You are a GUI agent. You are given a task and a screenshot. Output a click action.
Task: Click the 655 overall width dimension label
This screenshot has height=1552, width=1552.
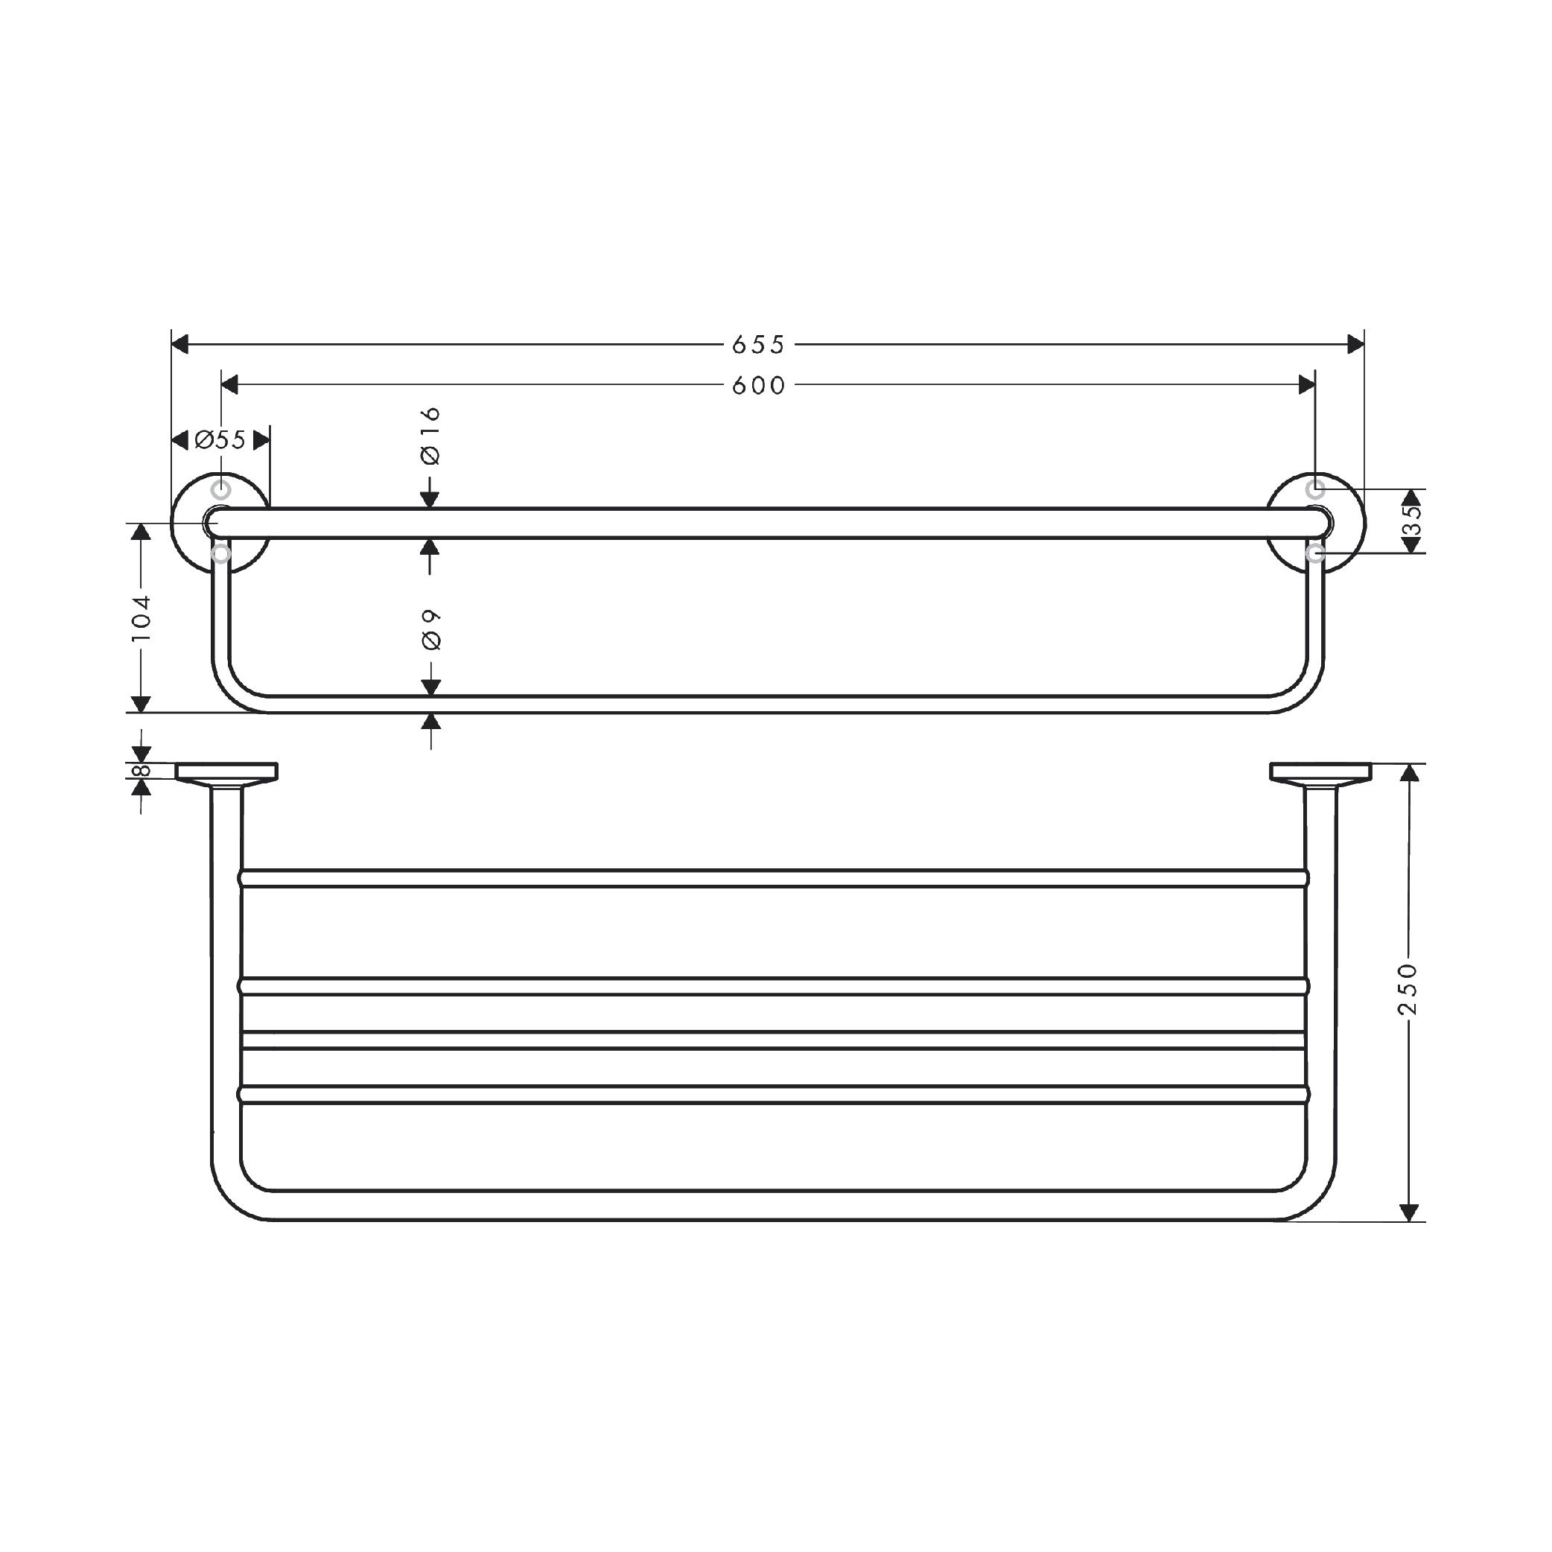(x=757, y=345)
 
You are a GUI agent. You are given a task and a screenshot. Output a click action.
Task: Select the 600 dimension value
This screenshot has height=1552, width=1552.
(x=757, y=386)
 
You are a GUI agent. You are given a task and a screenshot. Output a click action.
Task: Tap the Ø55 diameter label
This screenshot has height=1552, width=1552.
(x=220, y=440)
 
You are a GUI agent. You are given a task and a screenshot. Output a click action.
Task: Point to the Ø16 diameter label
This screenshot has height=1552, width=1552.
(x=430, y=436)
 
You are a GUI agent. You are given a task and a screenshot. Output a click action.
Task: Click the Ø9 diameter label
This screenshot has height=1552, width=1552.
(x=431, y=629)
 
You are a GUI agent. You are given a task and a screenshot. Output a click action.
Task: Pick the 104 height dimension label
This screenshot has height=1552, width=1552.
(x=141, y=618)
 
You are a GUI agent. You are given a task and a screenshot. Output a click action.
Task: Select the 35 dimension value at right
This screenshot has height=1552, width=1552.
(x=1411, y=520)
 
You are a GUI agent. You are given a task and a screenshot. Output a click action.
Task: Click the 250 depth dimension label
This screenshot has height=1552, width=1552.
(x=1408, y=989)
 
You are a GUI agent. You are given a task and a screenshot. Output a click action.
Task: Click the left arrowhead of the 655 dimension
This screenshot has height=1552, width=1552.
(x=180, y=345)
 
